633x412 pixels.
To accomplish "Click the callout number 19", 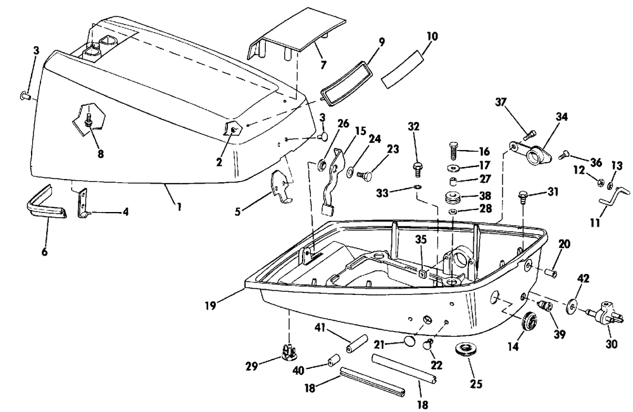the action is click(210, 306).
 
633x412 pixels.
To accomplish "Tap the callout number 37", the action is click(501, 102).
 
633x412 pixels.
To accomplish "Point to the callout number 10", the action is click(432, 36).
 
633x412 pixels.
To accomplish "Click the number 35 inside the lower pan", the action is click(421, 240).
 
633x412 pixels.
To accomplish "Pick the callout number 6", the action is click(44, 253).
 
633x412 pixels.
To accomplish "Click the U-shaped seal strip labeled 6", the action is click(46, 204).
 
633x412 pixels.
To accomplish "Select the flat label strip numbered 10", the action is click(404, 68).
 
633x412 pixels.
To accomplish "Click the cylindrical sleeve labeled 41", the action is click(356, 344).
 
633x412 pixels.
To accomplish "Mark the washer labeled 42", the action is click(571, 306).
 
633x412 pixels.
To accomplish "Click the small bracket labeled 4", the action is click(83, 203).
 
